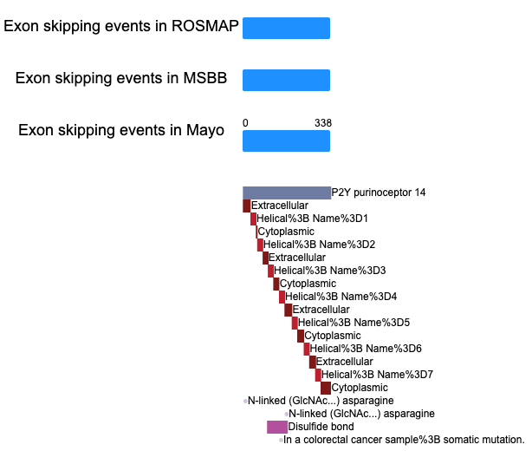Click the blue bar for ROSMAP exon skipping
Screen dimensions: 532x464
tap(286, 29)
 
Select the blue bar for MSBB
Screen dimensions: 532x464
tap(286, 80)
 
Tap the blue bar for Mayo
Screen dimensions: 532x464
tap(286, 141)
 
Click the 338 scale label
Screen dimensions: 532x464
tap(323, 123)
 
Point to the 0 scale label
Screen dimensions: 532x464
tap(245, 123)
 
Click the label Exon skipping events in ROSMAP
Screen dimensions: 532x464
tap(121, 26)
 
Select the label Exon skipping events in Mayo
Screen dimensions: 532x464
tap(121, 130)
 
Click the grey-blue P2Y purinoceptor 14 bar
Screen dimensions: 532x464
tap(287, 193)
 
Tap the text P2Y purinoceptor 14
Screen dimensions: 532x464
tap(379, 193)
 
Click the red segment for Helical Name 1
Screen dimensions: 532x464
tap(254, 219)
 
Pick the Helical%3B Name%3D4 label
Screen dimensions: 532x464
tap(341, 297)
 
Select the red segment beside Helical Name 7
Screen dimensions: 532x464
tap(318, 375)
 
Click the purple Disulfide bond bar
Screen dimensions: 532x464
tap(277, 427)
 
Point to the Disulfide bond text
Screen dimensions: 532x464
tap(321, 427)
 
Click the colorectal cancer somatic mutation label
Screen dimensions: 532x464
tap(404, 440)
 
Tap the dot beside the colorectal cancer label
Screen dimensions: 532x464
tap(281, 441)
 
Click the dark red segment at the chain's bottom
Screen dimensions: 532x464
tap(326, 388)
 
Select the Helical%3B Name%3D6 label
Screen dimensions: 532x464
tap(366, 349)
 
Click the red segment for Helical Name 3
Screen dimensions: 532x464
tap(270, 271)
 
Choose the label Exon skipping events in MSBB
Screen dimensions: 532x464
tap(121, 78)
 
